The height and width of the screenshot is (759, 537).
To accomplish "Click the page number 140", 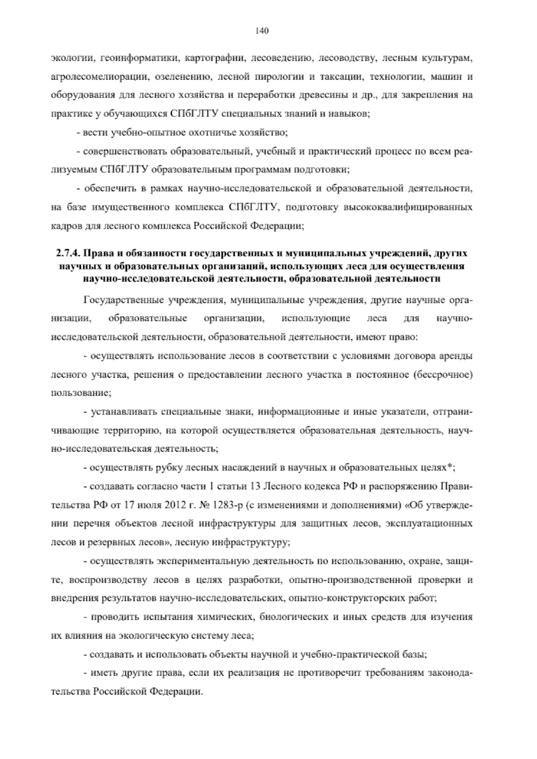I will [x=262, y=31].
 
